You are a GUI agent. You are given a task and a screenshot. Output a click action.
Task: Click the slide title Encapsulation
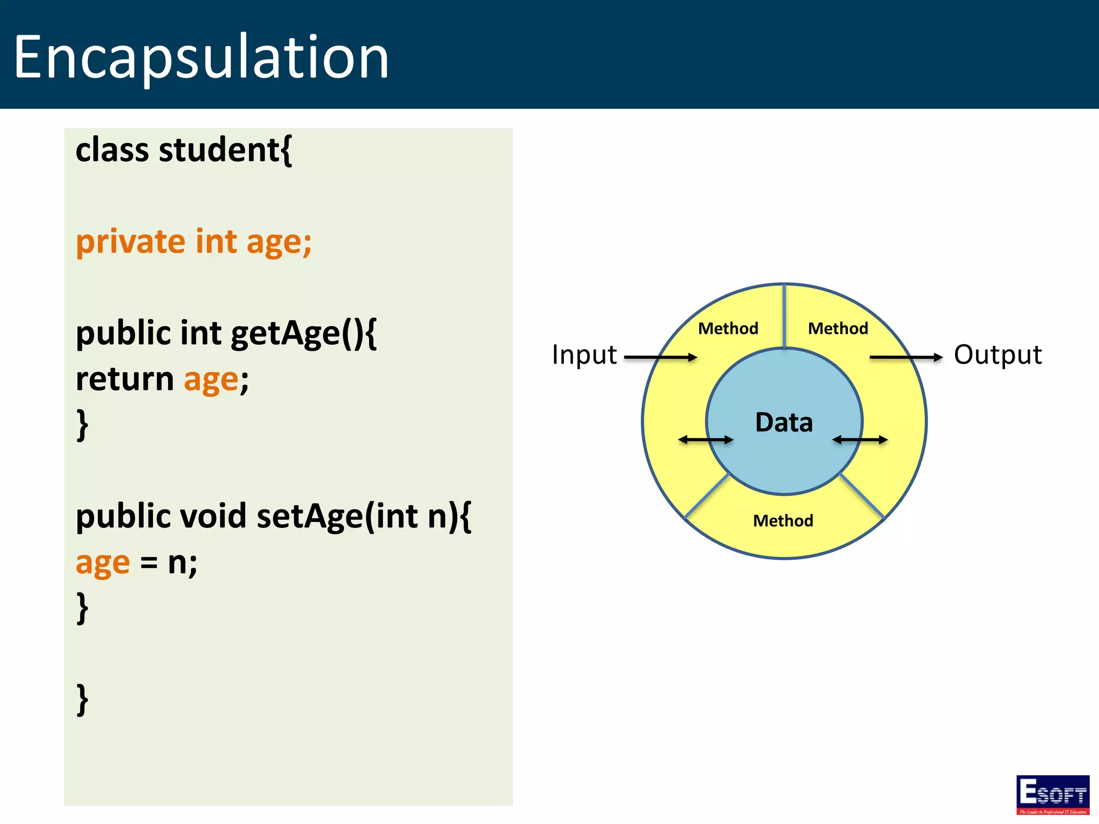(201, 57)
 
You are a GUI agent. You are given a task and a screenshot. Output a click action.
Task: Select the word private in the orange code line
(130, 241)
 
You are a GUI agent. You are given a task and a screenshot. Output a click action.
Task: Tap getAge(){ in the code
(304, 333)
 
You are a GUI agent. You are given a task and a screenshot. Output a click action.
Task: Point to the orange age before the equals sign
(102, 563)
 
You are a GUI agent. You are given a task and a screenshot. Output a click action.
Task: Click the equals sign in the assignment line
(149, 563)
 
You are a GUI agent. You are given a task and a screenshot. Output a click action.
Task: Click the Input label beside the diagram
(584, 355)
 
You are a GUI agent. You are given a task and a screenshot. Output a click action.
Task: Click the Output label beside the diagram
(998, 355)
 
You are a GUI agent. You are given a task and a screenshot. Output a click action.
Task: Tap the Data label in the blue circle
(784, 422)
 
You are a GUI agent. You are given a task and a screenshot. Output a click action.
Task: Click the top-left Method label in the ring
(728, 328)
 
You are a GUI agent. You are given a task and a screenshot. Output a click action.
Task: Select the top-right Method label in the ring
(838, 328)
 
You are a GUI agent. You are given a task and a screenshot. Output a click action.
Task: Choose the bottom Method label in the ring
(783, 520)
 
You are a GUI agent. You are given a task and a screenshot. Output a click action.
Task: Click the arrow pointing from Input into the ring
(661, 357)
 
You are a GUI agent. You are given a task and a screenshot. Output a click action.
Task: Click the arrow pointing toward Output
(906, 357)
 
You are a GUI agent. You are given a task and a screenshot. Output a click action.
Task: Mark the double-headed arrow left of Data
(706, 440)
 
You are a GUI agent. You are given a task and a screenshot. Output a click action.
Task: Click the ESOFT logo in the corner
(1052, 794)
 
